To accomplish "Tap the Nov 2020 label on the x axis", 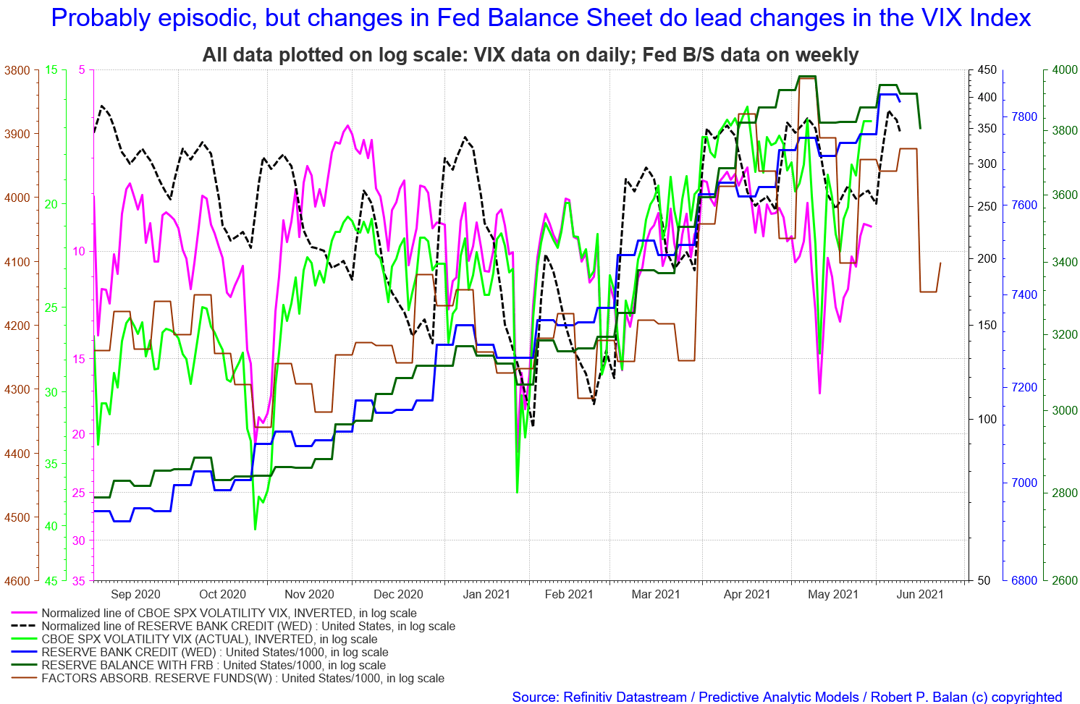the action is [309, 594].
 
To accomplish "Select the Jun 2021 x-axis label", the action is [919, 594].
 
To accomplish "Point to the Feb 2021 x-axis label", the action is [569, 594].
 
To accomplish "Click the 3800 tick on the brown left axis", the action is [17, 70].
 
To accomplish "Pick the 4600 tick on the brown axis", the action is [17, 581].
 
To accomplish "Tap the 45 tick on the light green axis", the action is [51, 581].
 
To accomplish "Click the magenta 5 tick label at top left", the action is [82, 70].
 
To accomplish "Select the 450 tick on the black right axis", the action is [987, 70].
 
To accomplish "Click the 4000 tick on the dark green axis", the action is [1065, 70].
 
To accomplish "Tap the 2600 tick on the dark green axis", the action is [1065, 581].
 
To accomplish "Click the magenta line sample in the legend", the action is [24, 613].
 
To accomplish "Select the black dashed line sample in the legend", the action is [24, 626].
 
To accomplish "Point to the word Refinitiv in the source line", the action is [591, 697].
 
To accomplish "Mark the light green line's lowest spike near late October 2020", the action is [255, 529].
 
